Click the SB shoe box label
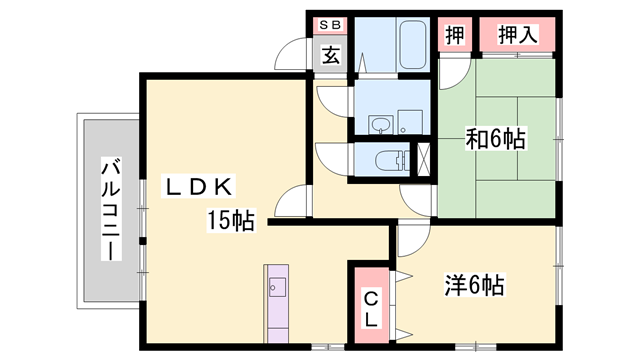[x=329, y=25]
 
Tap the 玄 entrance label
[x=330, y=55]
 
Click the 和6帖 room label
[x=496, y=137]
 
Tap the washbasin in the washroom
[x=379, y=124]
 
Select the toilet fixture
[x=389, y=159]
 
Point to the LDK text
[x=200, y=187]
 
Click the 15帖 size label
[x=230, y=219]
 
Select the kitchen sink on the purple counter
[x=277, y=289]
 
